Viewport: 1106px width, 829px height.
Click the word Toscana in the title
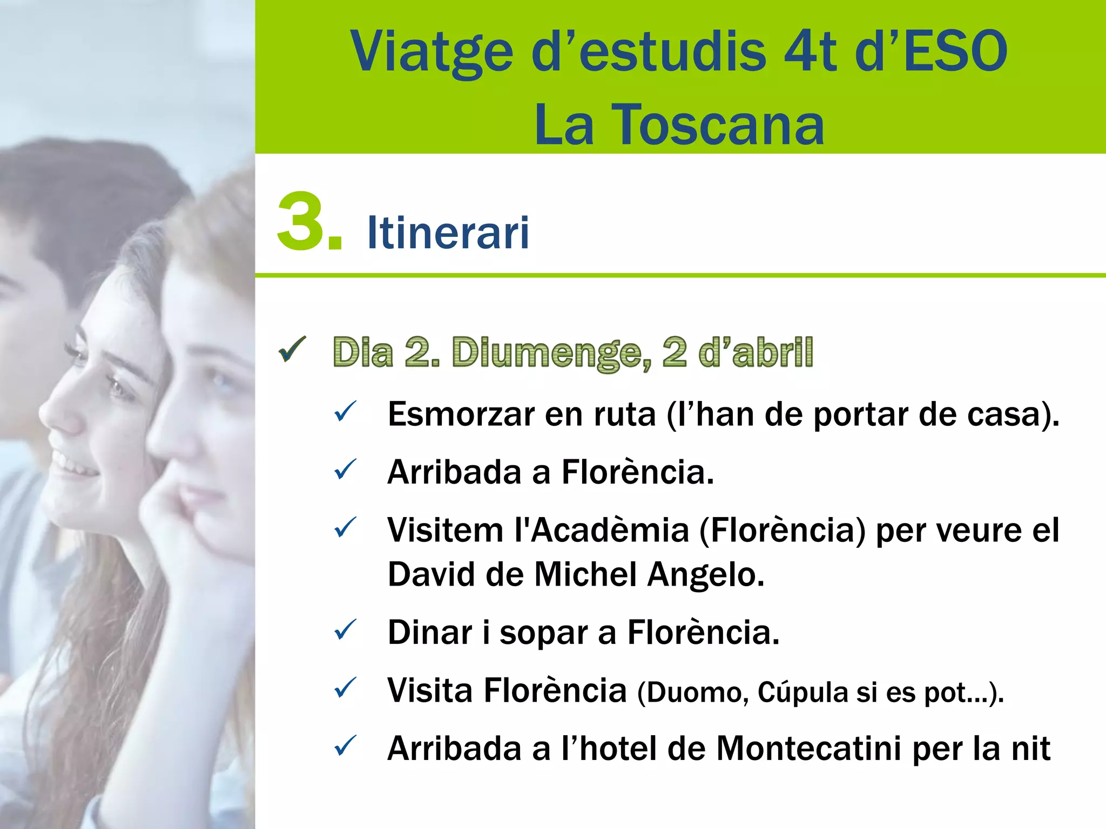(x=718, y=125)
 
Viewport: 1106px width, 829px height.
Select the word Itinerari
(x=448, y=233)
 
